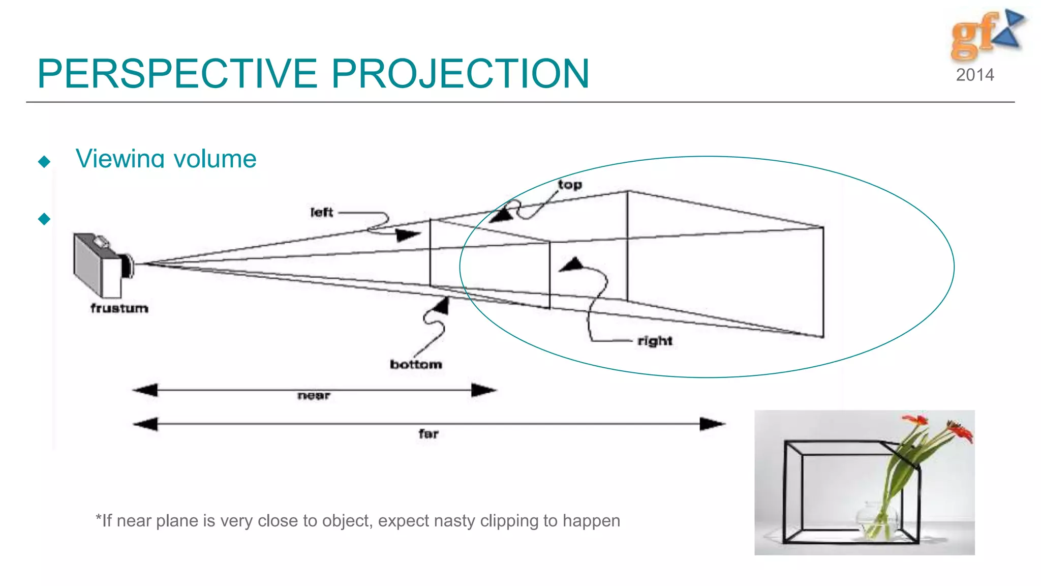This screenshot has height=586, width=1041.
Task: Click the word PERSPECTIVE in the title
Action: (x=177, y=74)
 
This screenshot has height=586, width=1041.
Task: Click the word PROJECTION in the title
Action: (x=460, y=74)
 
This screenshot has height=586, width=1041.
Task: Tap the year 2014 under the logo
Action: (x=974, y=75)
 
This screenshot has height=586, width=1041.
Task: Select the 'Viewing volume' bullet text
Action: (x=166, y=159)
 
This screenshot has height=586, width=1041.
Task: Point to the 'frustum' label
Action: (x=119, y=308)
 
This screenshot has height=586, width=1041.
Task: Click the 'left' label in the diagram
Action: (x=322, y=212)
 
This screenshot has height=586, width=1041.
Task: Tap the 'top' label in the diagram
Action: (x=570, y=185)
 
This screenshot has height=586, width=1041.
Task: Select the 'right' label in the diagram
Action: (x=655, y=341)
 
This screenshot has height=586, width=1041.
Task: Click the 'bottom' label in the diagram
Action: (x=416, y=364)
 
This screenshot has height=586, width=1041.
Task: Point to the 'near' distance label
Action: (x=314, y=396)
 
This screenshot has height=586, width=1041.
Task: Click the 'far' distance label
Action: (x=428, y=434)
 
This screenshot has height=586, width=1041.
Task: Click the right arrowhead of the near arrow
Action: (x=483, y=390)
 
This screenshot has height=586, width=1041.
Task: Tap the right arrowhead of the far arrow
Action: (x=712, y=424)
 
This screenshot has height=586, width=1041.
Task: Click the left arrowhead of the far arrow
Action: (x=146, y=424)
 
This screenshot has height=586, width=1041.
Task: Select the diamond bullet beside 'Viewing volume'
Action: (x=44, y=162)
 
